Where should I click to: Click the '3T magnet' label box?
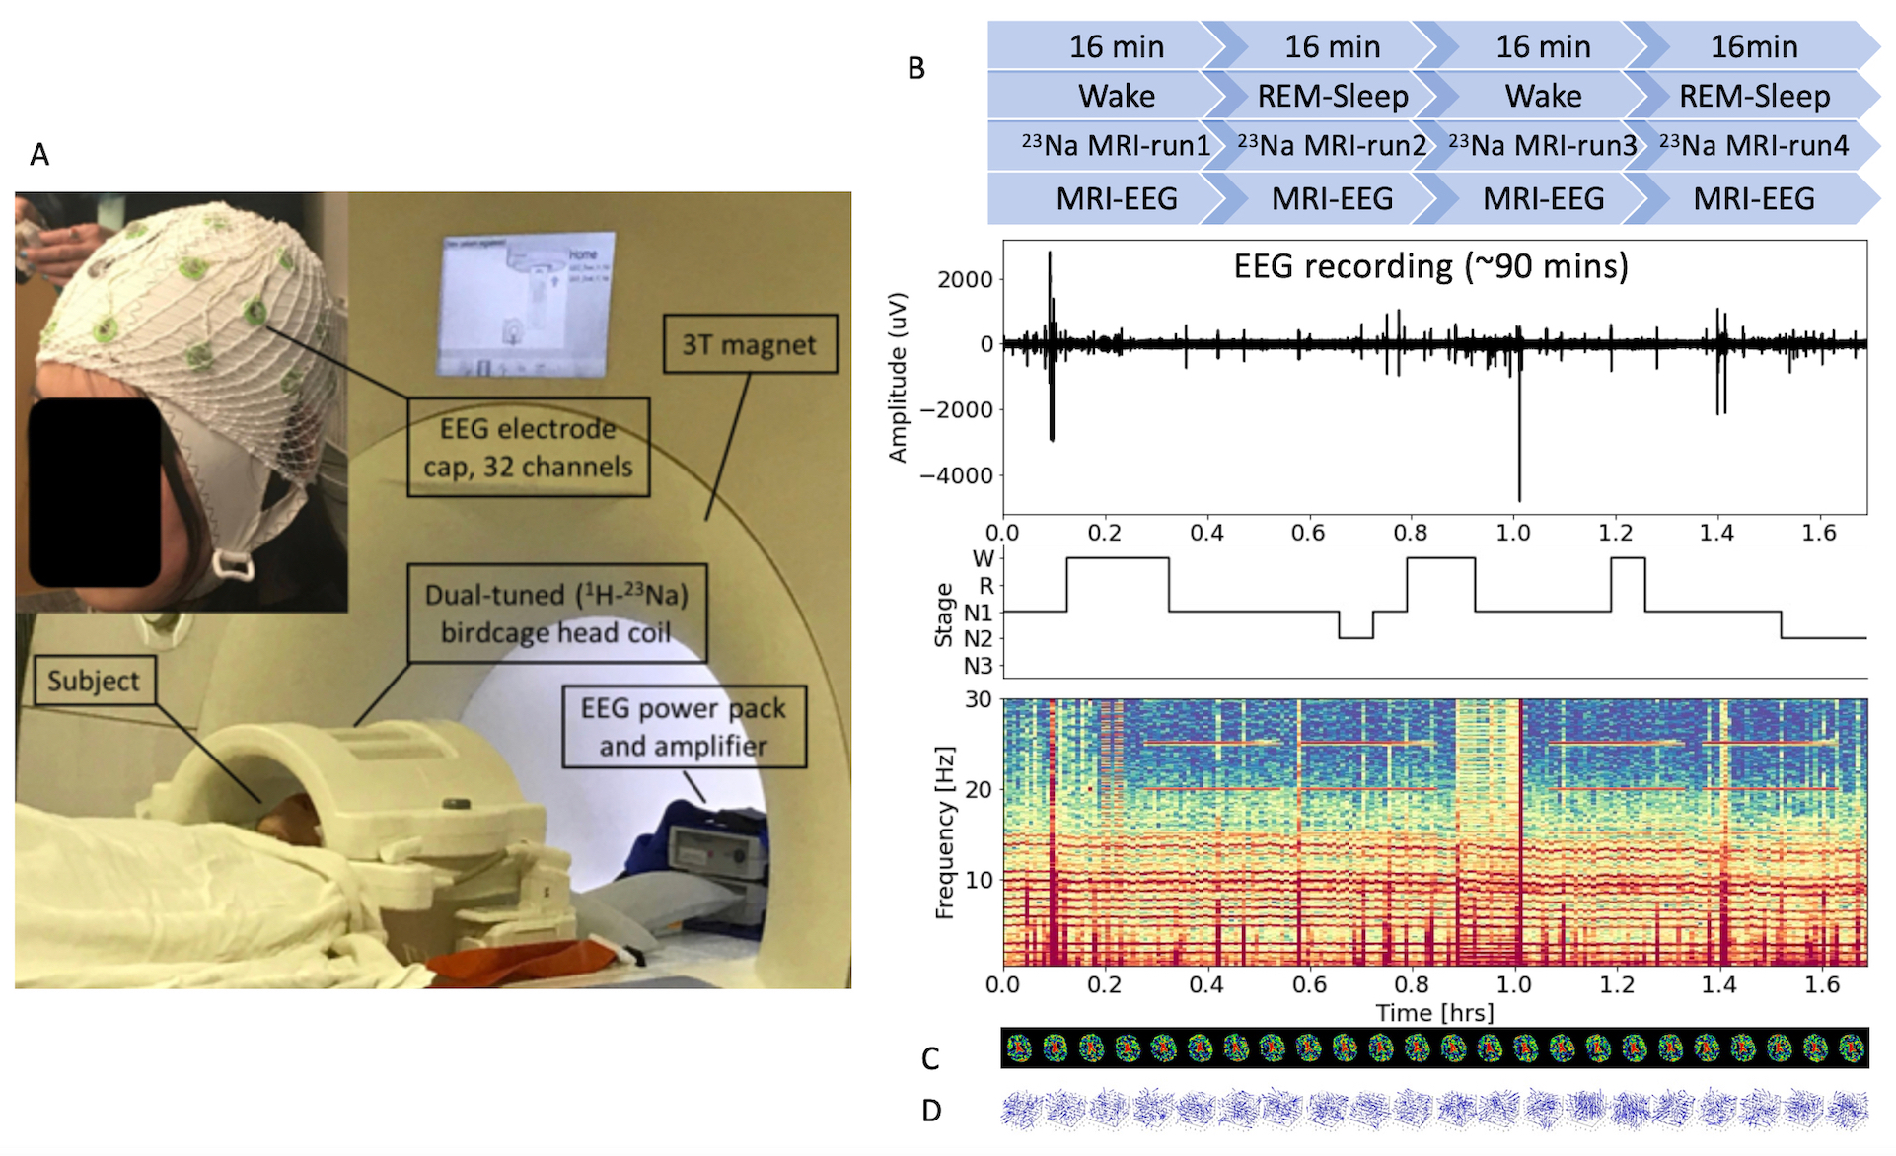tap(750, 344)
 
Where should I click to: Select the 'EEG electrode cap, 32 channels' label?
tap(528, 447)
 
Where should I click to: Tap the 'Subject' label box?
tap(94, 681)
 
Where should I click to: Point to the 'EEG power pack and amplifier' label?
tap(684, 727)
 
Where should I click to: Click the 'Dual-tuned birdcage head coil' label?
tap(556, 613)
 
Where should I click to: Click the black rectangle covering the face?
tap(95, 491)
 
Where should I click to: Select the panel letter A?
tap(39, 155)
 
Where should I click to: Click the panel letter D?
tap(931, 1112)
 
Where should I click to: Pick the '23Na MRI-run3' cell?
tap(1543, 146)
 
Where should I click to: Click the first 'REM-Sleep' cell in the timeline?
tap(1332, 96)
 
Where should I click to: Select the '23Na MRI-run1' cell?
tap(1116, 146)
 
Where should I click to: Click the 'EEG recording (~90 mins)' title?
tap(1430, 266)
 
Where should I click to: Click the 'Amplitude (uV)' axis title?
tap(898, 377)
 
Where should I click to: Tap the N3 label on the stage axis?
tap(979, 666)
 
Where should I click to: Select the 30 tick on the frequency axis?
tap(979, 699)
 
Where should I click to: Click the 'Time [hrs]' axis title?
tap(1434, 1013)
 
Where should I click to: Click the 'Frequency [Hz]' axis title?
tap(945, 833)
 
